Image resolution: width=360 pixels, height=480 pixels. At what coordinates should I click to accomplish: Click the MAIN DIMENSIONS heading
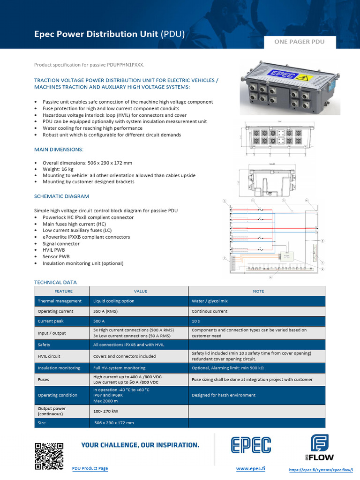pos(59,150)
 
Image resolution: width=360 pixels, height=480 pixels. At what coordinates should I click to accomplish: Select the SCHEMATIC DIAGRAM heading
pos(61,196)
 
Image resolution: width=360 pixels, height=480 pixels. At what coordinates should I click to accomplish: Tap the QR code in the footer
pos(49,456)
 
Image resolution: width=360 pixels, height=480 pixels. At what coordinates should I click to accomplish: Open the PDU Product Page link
pos(90,468)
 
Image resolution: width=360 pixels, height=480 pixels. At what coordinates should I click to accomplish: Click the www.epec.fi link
pos(250,468)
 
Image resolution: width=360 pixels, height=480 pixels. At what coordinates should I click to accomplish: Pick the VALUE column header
pos(141,291)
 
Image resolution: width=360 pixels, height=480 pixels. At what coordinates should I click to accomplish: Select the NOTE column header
pos(258,291)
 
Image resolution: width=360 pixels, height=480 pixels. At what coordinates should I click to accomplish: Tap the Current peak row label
pos(51,322)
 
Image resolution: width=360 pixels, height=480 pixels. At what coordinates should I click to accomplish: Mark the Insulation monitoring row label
pos(59,368)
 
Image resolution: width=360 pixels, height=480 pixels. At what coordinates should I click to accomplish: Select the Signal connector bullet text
pos(61,244)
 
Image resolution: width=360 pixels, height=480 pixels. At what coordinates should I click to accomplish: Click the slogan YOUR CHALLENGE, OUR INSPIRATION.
pos(140,445)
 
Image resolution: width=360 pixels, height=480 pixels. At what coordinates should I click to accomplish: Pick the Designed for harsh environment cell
pos(224,395)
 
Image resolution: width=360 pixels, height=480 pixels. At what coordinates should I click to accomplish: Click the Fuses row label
pos(44,379)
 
